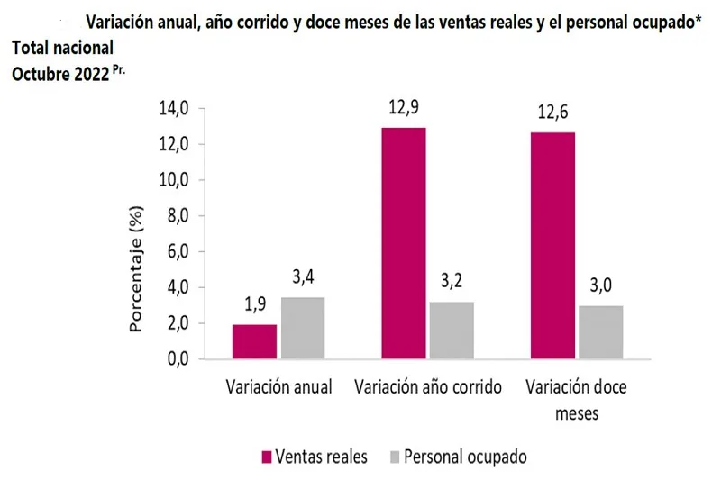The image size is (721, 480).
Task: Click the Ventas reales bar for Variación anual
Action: point(254,341)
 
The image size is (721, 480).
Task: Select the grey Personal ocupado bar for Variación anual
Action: point(302,328)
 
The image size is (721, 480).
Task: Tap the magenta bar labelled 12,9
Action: point(404,243)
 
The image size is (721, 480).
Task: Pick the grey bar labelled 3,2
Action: point(452,330)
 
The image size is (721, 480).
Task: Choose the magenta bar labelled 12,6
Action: point(552,246)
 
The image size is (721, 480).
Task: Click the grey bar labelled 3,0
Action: point(601,331)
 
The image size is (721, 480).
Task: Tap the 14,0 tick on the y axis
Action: point(174,109)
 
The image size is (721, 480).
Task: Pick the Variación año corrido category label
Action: point(428,388)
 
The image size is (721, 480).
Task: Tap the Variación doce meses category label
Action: point(576,400)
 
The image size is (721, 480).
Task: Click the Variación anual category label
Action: point(278,388)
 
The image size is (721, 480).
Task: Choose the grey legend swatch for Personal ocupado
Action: point(392,457)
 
